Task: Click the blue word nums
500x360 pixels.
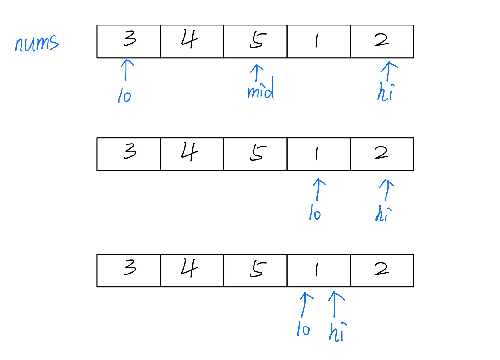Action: [37, 43]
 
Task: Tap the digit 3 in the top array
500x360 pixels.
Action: [130, 39]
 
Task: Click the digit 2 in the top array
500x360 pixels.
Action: [382, 40]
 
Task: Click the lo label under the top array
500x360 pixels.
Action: [124, 95]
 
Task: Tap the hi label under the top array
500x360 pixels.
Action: [386, 92]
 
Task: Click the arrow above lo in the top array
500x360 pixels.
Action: [126, 69]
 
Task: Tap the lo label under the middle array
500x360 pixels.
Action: [315, 213]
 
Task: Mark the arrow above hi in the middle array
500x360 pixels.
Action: [387, 190]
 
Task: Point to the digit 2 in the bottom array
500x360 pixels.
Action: [382, 269]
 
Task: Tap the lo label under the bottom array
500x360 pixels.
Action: [303, 329]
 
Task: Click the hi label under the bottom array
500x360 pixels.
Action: [338, 332]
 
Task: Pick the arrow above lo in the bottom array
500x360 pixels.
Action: [305, 304]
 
